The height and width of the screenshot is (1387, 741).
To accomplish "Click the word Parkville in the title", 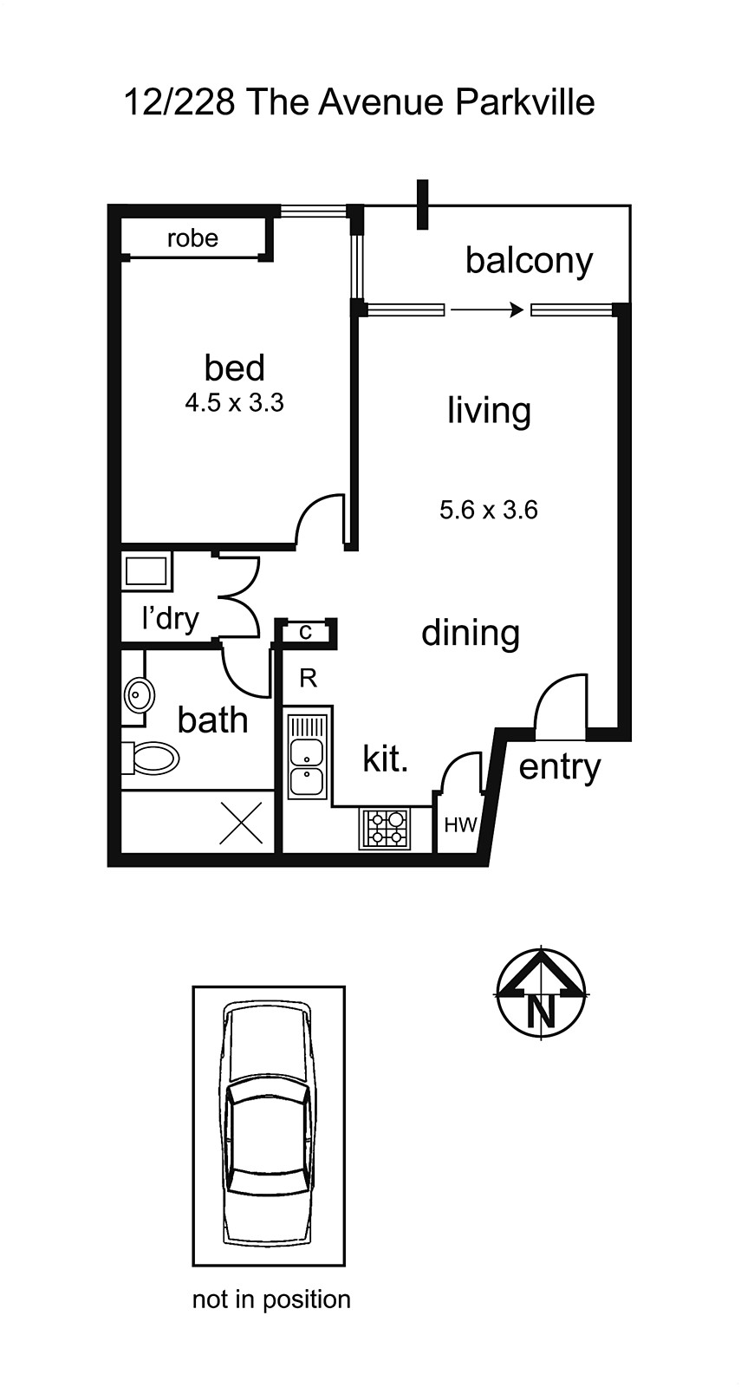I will point(524,103).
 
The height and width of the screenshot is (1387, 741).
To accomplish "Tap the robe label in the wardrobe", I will point(192,238).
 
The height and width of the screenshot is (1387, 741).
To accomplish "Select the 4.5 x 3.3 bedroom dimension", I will point(234,403).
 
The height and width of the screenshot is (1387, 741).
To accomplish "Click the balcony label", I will point(529,260).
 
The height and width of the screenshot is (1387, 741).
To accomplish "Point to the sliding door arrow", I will point(487,309).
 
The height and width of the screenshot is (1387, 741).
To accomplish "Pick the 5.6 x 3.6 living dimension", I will point(488,510).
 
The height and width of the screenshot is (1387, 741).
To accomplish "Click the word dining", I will point(470,633).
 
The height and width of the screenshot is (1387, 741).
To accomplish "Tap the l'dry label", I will point(170,618).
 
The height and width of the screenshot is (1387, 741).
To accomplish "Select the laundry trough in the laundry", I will point(146,571).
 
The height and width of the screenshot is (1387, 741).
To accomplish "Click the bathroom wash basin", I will point(139,694).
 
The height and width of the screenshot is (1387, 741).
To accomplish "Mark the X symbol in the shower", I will point(241,823).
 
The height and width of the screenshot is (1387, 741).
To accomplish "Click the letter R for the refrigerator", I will point(308,679).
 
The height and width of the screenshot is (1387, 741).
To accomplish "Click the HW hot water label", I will point(460,825).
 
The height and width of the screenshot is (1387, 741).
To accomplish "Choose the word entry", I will point(559,767).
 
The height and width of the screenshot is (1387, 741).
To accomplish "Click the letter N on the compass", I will point(541,1011).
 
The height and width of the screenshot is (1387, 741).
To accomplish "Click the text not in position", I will point(271,1299).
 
